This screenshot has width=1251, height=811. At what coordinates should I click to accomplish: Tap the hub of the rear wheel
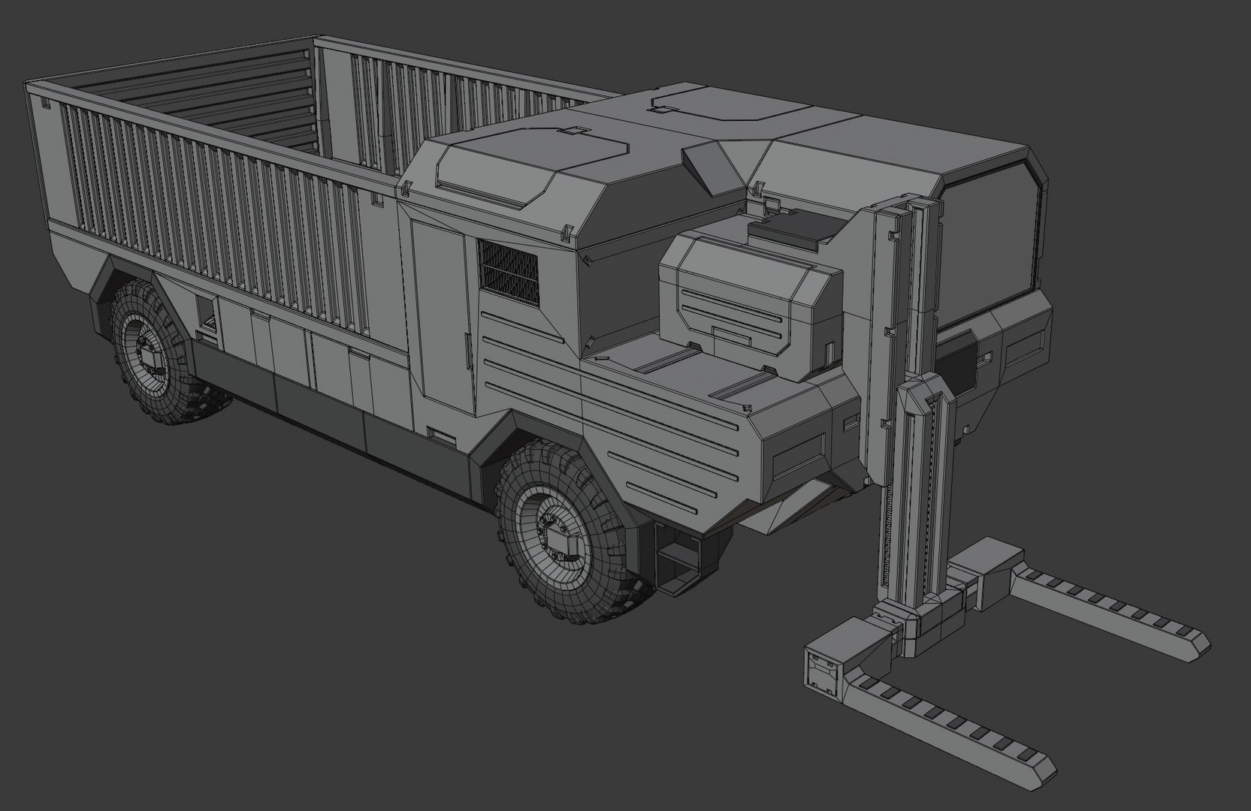(150, 357)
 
